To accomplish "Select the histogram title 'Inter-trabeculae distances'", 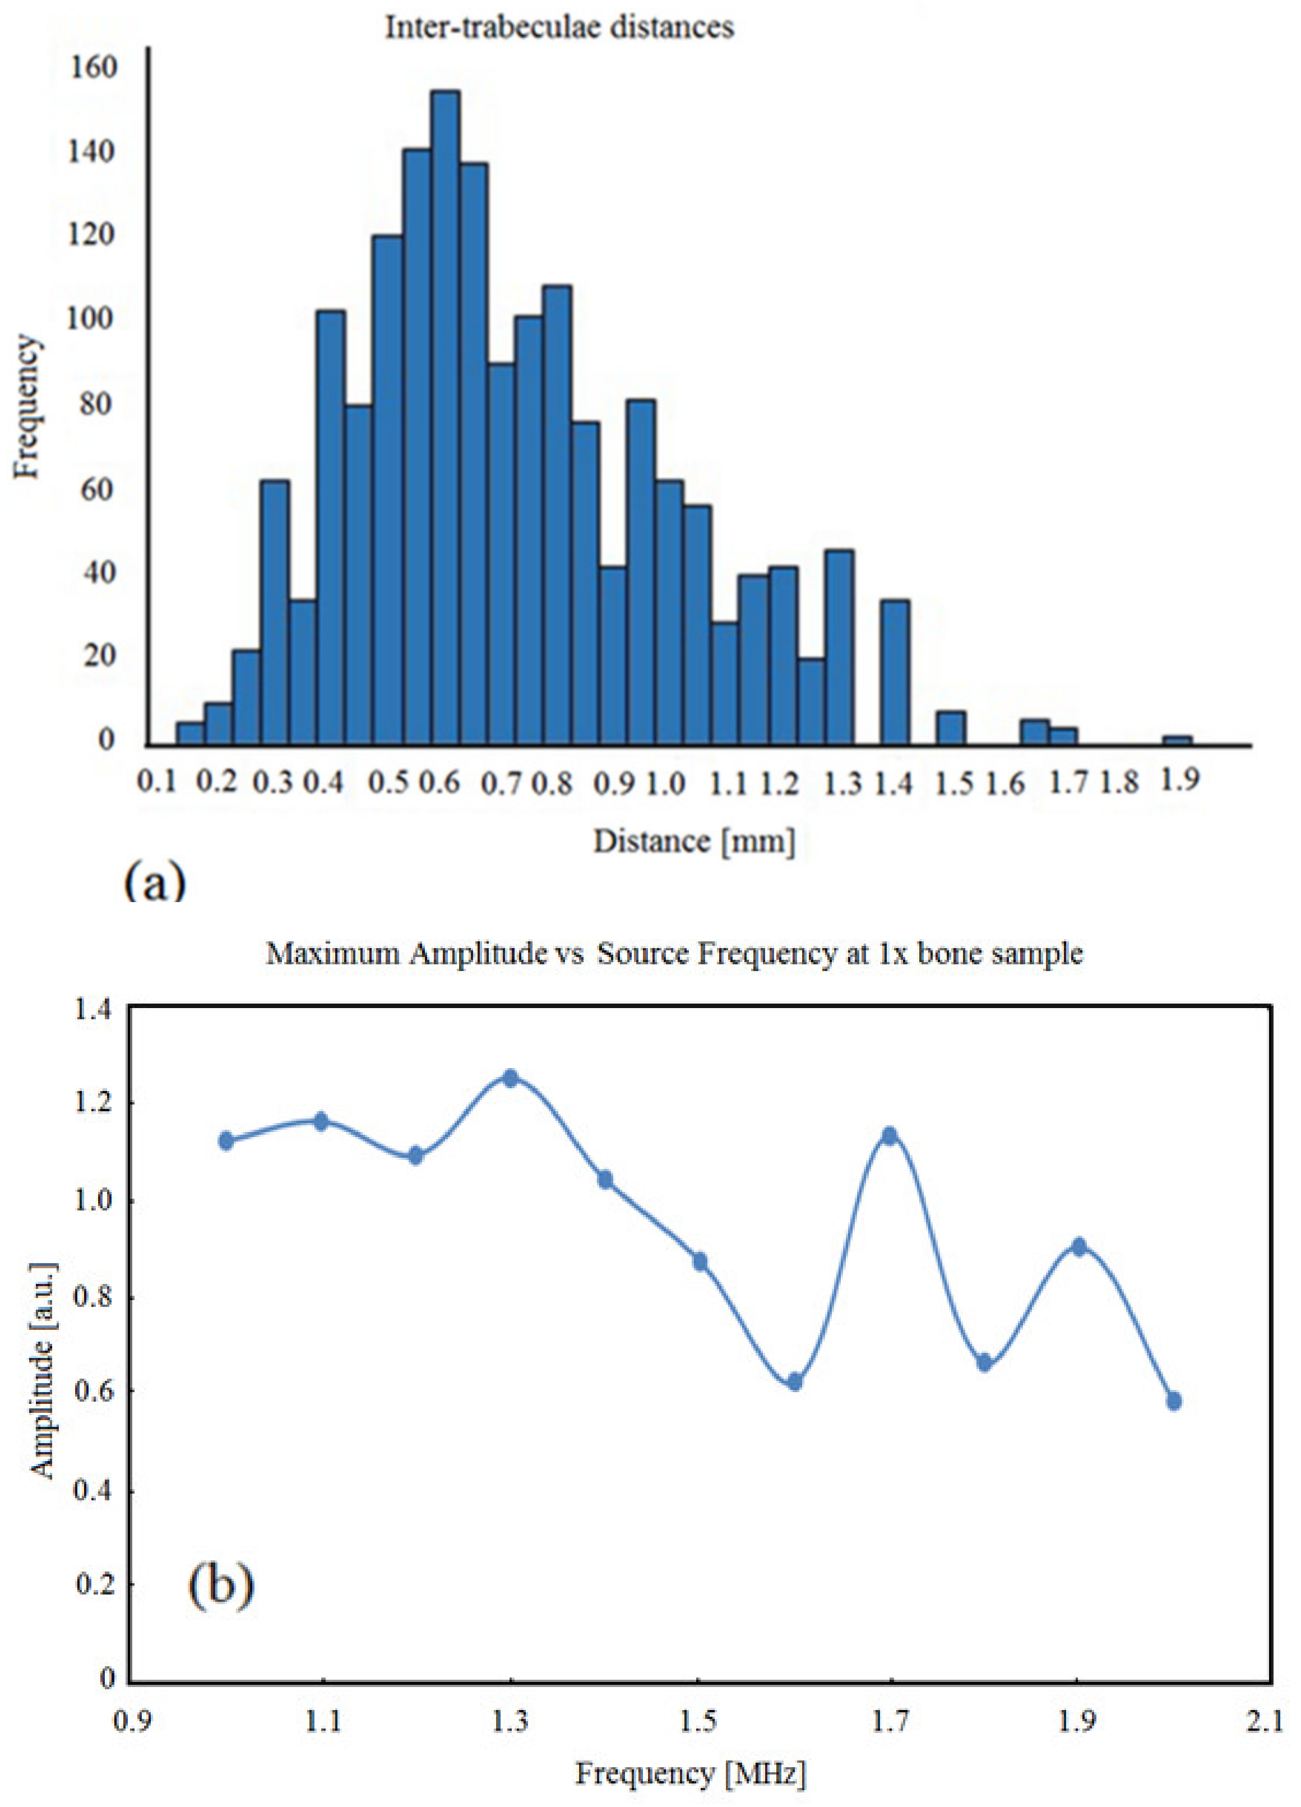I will tap(559, 28).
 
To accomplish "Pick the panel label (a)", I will tap(155, 883).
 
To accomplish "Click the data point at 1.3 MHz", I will tap(511, 1078).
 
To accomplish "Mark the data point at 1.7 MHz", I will tap(890, 1135).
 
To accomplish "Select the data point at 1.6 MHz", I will tap(794, 1381).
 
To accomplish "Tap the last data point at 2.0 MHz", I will tap(1174, 1401).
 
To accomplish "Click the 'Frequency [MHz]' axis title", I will tap(691, 1773).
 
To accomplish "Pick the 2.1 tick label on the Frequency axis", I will tap(1265, 1722).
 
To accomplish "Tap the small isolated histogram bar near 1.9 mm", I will tap(1177, 740).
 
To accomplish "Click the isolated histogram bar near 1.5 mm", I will tap(951, 727).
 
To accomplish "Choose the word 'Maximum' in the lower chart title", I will tap(332, 954).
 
